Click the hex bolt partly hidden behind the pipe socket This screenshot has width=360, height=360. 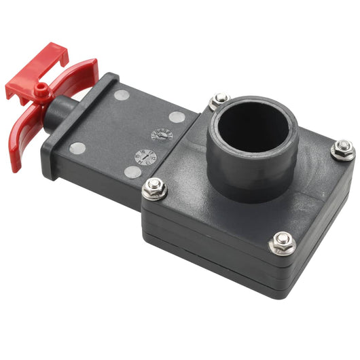pos(219,101)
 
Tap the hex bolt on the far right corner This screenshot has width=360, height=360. pos(342,149)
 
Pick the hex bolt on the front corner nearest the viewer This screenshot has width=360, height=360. pos(281,241)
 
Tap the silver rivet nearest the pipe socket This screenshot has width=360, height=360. pos(177,117)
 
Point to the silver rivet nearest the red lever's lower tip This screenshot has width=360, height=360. pos(78,148)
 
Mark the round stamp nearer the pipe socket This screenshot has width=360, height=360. pos(162,134)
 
